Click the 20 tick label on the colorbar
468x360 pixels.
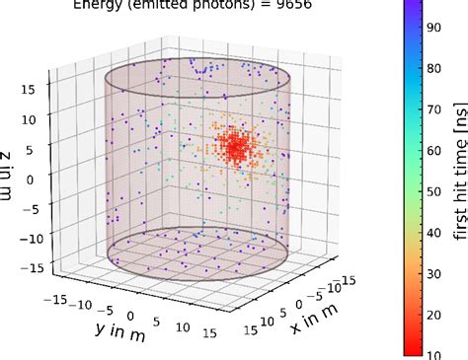[433, 312]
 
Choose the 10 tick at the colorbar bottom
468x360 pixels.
[433, 350]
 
